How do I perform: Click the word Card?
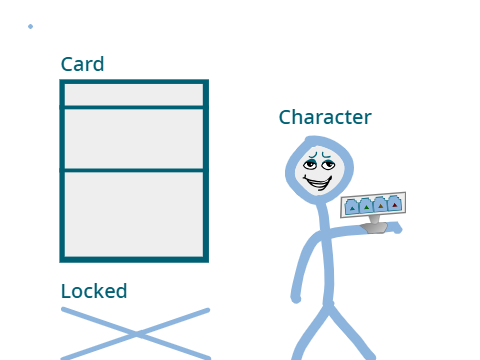[x=82, y=64]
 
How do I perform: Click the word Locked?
[x=94, y=291]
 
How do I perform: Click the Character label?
[x=325, y=117]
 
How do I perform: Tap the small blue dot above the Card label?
[x=30, y=26]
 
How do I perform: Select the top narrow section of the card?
[x=134, y=95]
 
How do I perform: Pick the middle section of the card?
[x=134, y=139]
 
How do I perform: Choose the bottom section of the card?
[x=134, y=214]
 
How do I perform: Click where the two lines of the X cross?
[x=136, y=334]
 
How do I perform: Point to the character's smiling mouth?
[x=318, y=183]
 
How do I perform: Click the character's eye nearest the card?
[x=310, y=164]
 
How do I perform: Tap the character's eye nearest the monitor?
[x=328, y=164]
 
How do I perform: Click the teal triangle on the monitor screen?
[x=352, y=209]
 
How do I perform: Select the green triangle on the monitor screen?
[x=367, y=208]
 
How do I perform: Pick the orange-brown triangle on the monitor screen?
[x=381, y=206]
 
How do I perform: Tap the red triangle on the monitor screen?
[x=395, y=205]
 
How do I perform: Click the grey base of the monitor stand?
[x=374, y=228]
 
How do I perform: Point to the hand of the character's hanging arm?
[x=296, y=298]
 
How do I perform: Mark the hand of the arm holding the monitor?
[x=396, y=228]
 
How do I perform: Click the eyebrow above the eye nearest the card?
[x=312, y=155]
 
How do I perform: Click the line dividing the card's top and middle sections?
[x=134, y=107]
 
